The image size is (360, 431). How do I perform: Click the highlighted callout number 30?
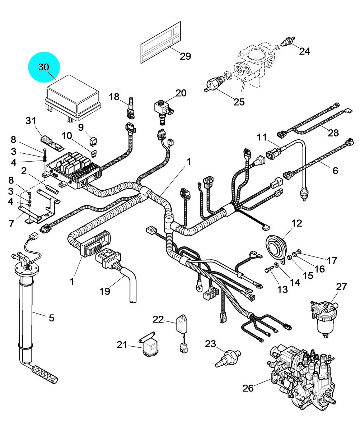point(44,67)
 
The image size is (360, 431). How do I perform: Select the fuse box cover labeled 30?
point(73,98)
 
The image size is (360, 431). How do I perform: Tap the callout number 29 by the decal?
point(185,56)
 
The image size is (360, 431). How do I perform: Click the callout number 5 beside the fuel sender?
point(52,318)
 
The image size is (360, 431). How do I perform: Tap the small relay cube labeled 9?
point(93,142)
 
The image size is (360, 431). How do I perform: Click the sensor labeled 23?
point(228,358)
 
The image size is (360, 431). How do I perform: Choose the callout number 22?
point(158,319)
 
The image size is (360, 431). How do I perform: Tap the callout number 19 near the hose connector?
point(105,291)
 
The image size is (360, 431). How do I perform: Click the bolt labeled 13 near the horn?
point(271,269)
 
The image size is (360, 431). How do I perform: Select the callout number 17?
point(332,260)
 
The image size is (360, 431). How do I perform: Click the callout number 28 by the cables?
point(333,133)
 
